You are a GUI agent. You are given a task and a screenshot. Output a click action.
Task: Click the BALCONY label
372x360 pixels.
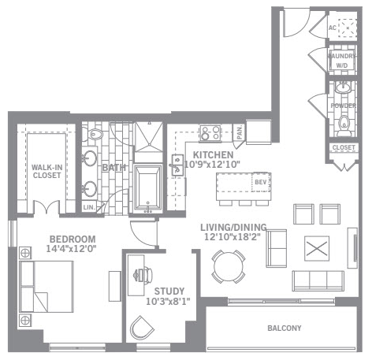pyautogui.click(x=285, y=328)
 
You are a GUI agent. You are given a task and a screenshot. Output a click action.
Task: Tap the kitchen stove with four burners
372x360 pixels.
pyautogui.click(x=210, y=133)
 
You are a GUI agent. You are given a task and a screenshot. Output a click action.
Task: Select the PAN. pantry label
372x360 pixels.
pyautogui.click(x=240, y=132)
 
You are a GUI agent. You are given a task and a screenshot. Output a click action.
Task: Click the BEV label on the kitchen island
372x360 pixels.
pyautogui.click(x=261, y=182)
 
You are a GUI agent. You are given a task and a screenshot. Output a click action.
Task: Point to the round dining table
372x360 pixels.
pyautogui.click(x=229, y=266)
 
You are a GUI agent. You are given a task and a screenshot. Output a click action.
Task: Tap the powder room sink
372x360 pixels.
pyautogui.click(x=343, y=87)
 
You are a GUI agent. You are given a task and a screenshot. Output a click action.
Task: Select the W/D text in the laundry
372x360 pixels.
pyautogui.click(x=342, y=65)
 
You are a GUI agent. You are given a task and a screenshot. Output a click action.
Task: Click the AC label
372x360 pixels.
pyautogui.click(x=333, y=28)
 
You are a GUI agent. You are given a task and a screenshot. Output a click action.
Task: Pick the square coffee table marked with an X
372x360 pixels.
pyautogui.click(x=317, y=248)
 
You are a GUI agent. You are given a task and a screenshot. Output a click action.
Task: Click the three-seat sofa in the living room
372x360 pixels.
pyautogui.click(x=318, y=281)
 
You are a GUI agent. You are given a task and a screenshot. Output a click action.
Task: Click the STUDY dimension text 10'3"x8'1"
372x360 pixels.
pyautogui.click(x=168, y=302)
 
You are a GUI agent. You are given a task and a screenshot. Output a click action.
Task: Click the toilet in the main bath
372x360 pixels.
pyautogui.click(x=92, y=135)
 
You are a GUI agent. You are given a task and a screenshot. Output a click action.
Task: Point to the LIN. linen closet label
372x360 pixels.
pyautogui.click(x=89, y=207)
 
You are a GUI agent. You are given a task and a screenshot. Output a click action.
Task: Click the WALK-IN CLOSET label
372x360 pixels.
pyautogui.click(x=46, y=171)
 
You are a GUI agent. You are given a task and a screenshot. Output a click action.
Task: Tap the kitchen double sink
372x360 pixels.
pyautogui.click(x=177, y=165)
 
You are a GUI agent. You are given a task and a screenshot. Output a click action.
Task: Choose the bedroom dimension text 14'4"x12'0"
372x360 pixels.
pyautogui.click(x=71, y=248)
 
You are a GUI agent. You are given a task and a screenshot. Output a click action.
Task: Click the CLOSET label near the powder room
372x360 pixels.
pyautogui.click(x=344, y=147)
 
